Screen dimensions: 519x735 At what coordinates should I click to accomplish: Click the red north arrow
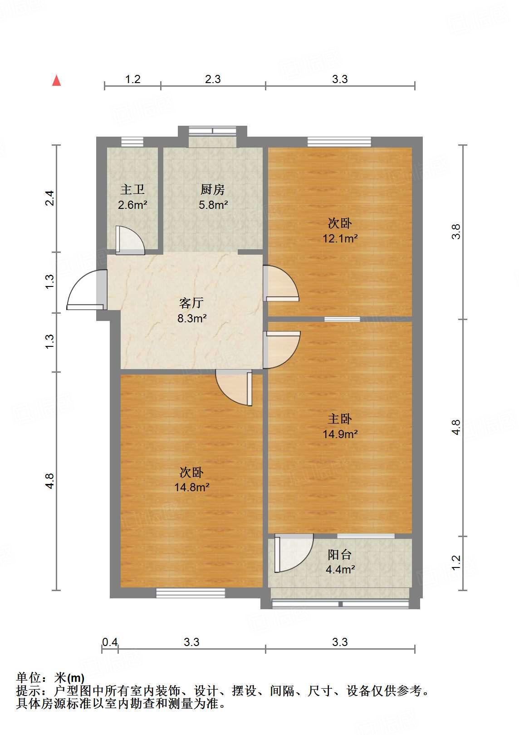pyautogui.click(x=57, y=80)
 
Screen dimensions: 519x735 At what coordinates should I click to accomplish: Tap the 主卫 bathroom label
pyautogui.click(x=132, y=190)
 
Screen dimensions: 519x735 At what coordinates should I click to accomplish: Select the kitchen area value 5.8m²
pyautogui.click(x=213, y=205)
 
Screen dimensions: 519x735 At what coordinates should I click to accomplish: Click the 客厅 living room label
pyautogui.click(x=191, y=303)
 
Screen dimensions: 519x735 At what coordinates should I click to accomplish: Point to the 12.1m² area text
pyautogui.click(x=340, y=238)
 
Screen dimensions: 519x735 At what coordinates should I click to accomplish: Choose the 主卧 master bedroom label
pyautogui.click(x=340, y=419)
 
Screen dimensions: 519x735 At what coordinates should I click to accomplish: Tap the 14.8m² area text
pyautogui.click(x=192, y=487)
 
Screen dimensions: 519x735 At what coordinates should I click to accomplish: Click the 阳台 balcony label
pyautogui.click(x=340, y=555)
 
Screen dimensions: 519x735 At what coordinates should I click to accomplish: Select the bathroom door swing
pyautogui.click(x=130, y=240)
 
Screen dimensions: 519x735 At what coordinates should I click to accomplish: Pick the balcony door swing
pyautogui.click(x=294, y=553)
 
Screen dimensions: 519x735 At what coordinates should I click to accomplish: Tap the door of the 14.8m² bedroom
pyautogui.click(x=234, y=388)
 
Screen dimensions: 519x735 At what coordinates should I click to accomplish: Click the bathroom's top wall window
pyautogui.click(x=132, y=142)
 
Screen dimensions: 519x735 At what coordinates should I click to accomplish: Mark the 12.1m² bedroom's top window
pyautogui.click(x=339, y=142)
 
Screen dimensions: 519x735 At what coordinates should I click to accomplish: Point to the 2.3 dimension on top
pyautogui.click(x=213, y=79)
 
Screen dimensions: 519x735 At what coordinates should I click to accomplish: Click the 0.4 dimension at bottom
pyautogui.click(x=110, y=642)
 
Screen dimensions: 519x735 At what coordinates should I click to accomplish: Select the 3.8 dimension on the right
pyautogui.click(x=456, y=232)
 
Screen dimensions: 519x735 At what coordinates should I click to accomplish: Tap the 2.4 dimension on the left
pyautogui.click(x=49, y=198)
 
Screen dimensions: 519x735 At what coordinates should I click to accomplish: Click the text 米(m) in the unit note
pyautogui.click(x=69, y=678)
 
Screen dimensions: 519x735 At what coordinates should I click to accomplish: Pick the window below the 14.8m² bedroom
pyautogui.click(x=191, y=593)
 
